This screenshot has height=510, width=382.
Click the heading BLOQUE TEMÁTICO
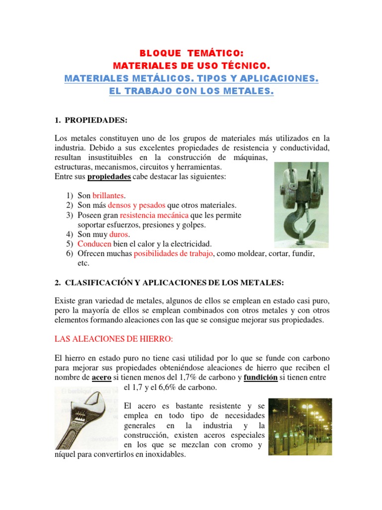coord(191,53)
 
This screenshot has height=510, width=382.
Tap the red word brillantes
coord(107,196)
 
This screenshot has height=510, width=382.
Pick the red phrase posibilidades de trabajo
coord(173,254)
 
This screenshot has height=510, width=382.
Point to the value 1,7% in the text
coord(194,377)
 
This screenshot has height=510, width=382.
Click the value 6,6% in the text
coord(166,387)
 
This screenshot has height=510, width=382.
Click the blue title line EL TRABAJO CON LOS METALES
coord(191,91)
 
